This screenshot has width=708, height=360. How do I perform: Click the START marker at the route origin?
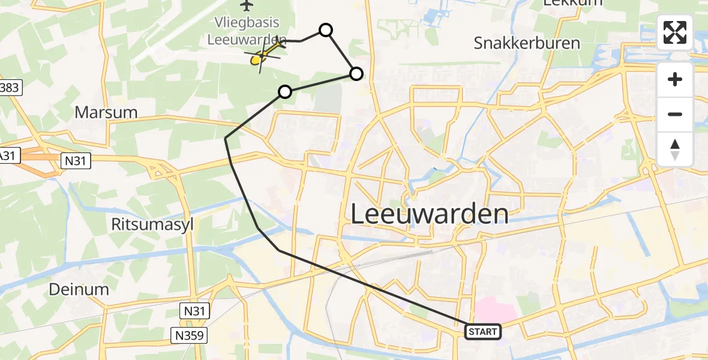(482, 332)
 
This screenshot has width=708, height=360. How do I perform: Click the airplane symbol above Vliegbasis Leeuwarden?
(246, 5)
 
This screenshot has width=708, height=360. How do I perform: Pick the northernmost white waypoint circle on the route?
(325, 30)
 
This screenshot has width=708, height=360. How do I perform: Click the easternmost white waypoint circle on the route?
(356, 74)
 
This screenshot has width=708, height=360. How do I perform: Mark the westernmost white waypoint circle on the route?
(285, 92)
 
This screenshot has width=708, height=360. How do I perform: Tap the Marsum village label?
(106, 112)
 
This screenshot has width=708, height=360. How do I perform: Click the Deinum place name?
(79, 289)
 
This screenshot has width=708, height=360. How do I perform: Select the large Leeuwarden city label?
(429, 214)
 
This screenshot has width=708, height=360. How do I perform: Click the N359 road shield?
(190, 333)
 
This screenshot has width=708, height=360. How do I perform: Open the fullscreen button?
(675, 32)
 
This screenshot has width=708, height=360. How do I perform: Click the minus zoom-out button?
(675, 115)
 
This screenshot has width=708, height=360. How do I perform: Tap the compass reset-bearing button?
(675, 149)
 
